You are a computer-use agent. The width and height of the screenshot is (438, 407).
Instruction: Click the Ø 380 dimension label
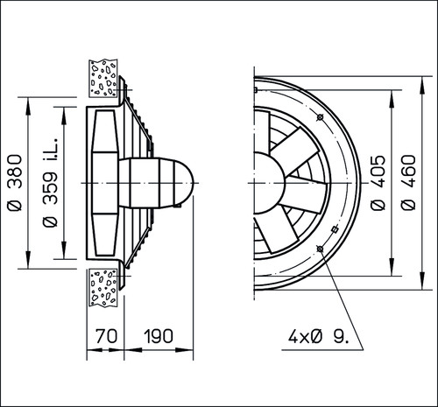15,183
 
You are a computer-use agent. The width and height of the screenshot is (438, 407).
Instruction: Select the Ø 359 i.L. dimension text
50,183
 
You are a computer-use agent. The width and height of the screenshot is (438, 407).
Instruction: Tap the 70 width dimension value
107,336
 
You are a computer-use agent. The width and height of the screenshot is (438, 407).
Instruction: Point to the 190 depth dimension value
159,336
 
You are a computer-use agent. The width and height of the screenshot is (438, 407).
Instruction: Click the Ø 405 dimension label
378,183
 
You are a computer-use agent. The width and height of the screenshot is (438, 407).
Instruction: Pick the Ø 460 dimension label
408,183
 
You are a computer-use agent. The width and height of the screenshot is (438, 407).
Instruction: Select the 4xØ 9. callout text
318,337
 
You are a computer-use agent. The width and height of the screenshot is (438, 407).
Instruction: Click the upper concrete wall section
103,78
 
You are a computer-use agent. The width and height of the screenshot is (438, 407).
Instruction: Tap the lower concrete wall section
103,287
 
